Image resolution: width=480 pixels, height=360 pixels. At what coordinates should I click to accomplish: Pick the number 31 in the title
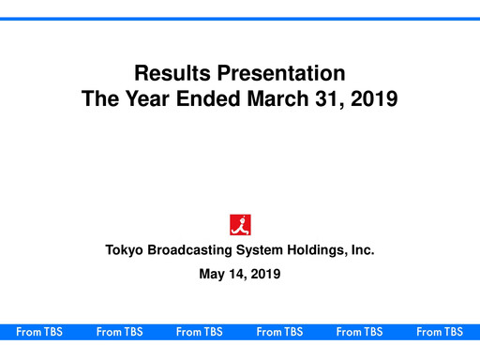click(x=331, y=97)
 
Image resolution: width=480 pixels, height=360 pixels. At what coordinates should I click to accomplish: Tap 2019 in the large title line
click(x=375, y=97)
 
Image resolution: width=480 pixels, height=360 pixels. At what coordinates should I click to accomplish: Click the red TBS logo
click(x=240, y=225)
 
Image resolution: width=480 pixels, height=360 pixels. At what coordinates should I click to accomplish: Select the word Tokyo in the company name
click(x=125, y=251)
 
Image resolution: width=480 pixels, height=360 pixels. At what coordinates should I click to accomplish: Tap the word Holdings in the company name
click(x=321, y=251)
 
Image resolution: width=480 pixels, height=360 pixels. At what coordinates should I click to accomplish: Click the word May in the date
click(x=212, y=275)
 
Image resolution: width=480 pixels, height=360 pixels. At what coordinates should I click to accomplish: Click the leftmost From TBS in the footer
click(x=39, y=332)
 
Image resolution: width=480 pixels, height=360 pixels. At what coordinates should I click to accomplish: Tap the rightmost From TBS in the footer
click(x=440, y=332)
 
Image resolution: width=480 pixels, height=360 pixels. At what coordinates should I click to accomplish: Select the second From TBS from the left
click(x=119, y=332)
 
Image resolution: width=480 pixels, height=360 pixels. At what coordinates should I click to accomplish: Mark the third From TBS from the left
click(x=200, y=332)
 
